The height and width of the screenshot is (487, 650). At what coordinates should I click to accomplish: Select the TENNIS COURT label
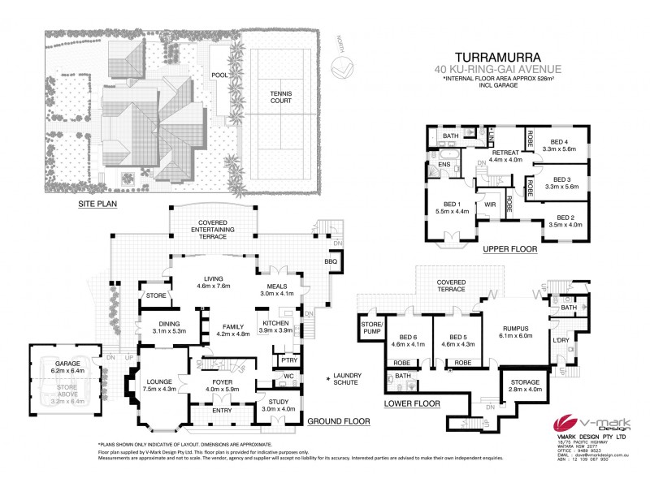(280, 97)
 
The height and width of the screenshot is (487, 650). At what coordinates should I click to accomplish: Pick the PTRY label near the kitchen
(287, 360)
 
